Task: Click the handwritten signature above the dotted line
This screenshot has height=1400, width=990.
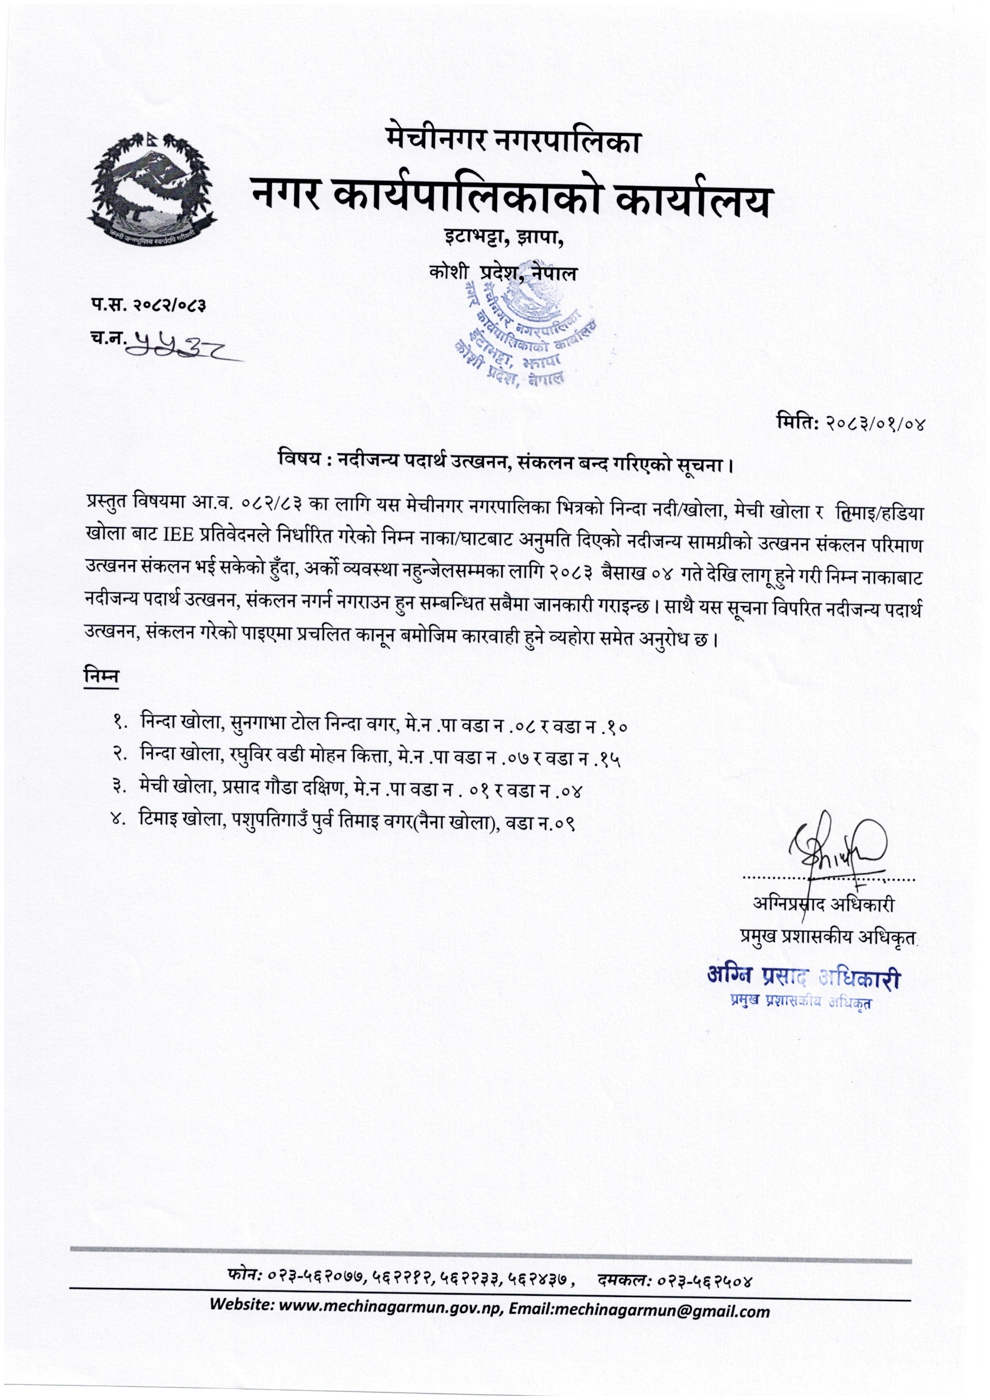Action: click(836, 848)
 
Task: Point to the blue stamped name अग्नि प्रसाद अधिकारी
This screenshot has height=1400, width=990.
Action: click(803, 978)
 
